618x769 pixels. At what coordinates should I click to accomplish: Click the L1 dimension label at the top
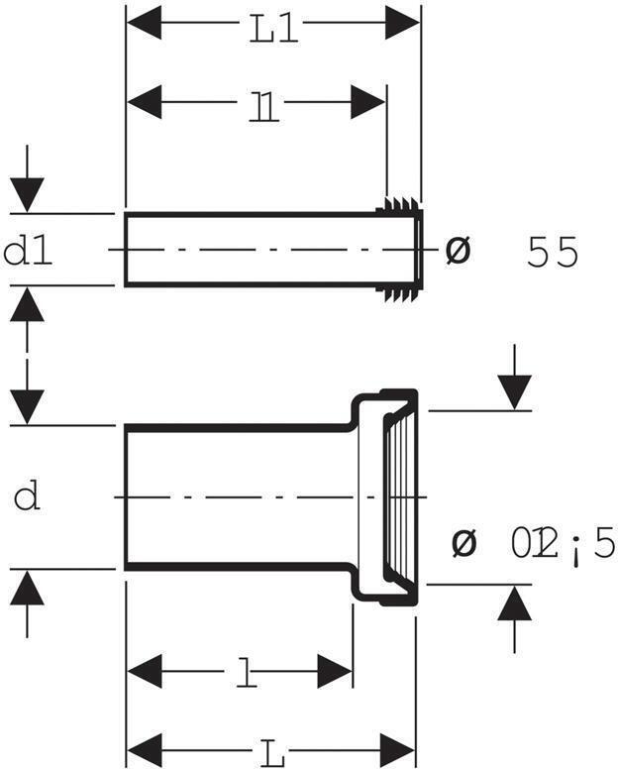272,29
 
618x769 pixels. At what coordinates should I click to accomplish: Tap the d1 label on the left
29,252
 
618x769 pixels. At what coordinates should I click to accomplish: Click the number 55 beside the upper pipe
553,253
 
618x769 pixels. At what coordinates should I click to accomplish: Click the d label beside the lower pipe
28,495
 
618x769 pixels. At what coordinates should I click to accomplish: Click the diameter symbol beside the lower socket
463,542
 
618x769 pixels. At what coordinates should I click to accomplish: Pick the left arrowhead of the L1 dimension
145,23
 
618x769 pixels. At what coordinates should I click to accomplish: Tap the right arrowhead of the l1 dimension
368,102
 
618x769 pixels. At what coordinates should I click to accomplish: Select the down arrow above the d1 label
27,192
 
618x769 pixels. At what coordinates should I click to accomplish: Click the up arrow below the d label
27,591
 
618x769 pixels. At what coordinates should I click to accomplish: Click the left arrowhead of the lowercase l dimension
146,671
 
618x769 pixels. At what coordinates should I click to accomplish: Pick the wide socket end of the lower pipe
388,495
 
